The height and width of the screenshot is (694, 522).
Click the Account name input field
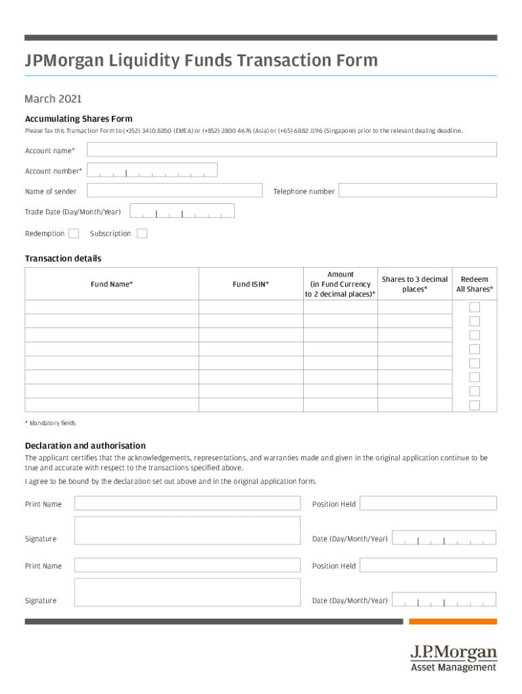292,150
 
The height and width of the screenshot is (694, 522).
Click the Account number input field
152,170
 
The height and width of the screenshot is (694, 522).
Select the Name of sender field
175,191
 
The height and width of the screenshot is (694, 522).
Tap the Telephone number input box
418,191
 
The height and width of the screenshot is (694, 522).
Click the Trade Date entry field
182,211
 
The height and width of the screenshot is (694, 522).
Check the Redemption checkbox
74,234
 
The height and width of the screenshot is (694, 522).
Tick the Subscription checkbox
142,234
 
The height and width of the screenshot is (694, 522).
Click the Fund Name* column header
112,285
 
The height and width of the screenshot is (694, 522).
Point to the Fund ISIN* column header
251,285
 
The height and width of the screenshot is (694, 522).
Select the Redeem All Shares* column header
475,285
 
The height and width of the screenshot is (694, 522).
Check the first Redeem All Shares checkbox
475,307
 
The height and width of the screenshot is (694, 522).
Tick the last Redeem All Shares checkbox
475,405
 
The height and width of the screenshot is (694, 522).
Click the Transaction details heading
63,259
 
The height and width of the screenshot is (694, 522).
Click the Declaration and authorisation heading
85,446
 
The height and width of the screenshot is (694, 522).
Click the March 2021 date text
54,100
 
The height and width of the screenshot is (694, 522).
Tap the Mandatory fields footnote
51,424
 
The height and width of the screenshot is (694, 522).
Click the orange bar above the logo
453,621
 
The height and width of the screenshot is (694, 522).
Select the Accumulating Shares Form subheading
79,119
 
